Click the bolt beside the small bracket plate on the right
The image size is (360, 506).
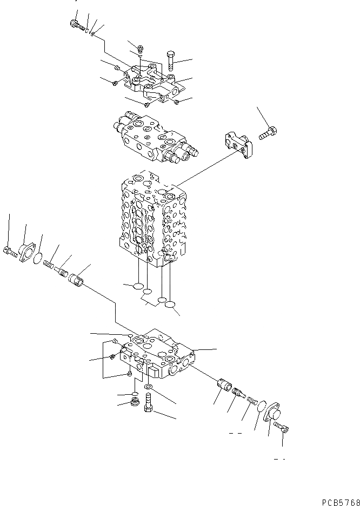[x=268, y=132]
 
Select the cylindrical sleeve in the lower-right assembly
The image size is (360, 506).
[x=223, y=387]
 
